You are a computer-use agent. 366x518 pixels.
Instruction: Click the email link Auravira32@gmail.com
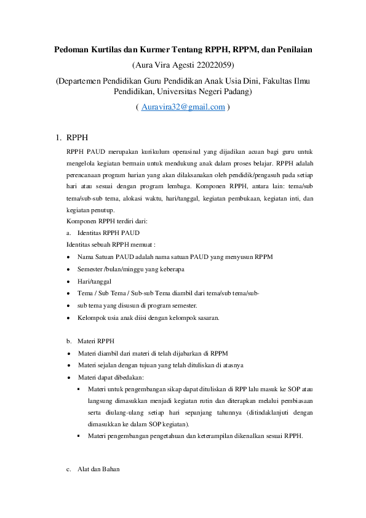(183, 106)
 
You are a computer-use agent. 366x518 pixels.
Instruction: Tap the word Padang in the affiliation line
(234, 92)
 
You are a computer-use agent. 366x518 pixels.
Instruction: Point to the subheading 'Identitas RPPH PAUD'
(108, 233)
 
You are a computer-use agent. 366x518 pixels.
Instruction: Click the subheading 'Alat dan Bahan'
(98, 469)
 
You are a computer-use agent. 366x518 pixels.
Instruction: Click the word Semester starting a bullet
(90, 269)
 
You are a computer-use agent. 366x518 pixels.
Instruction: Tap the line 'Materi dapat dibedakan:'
(111, 377)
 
